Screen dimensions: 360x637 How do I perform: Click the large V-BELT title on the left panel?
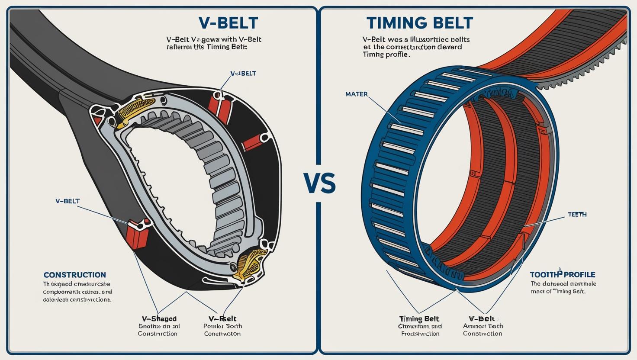pos(228,23)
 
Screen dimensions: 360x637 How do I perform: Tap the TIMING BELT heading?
pos(419,22)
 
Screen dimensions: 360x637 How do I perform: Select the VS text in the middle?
pos(319,183)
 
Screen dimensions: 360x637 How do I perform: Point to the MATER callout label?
pos(357,94)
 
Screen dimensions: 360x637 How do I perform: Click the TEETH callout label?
pos(577,215)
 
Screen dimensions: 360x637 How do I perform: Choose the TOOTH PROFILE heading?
pos(563,275)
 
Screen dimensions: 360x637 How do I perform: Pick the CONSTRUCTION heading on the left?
pos(75,275)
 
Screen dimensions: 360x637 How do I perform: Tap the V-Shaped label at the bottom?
pos(159,318)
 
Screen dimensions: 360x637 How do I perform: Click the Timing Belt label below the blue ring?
pos(419,318)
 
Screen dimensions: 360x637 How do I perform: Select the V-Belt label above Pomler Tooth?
pos(222,318)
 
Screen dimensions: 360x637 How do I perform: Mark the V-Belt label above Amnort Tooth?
pos(482,318)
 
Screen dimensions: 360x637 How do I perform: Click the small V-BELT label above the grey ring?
pos(243,74)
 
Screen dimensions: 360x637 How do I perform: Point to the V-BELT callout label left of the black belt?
pos(68,201)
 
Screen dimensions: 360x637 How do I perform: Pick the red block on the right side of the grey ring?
pos(252,142)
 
